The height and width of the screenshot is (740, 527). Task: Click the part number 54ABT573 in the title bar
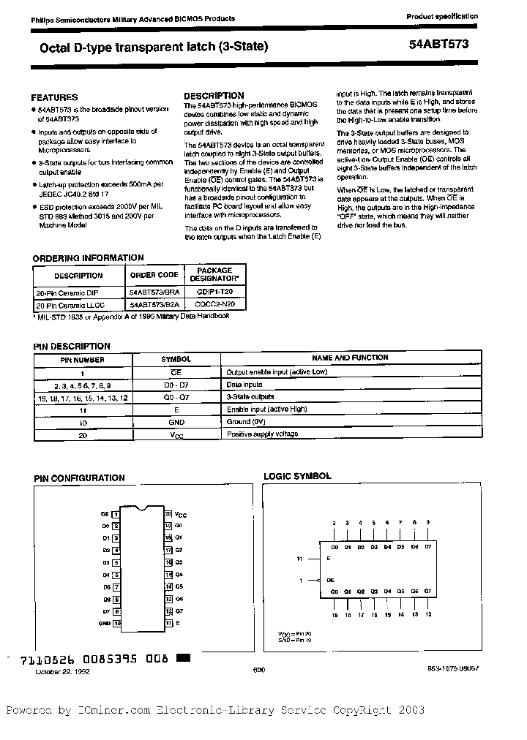pos(439,44)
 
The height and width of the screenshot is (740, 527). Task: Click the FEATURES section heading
pos(54,97)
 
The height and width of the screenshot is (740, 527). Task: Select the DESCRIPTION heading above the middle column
pos(214,96)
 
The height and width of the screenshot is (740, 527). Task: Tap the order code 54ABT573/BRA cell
pos(154,291)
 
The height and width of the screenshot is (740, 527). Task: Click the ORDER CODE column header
pos(154,276)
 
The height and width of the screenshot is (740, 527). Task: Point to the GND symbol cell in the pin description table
pos(176,423)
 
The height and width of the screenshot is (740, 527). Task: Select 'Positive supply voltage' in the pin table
pos(262,434)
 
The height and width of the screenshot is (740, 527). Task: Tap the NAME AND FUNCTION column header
pos(351,359)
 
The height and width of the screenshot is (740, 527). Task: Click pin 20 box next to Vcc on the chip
pos(168,514)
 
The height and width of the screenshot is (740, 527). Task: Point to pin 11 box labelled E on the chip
pos(168,623)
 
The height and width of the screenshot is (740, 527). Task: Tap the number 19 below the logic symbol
pos(334,615)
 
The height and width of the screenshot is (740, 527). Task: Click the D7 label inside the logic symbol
pos(428,547)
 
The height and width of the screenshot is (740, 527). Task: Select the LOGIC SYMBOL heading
pos(297,476)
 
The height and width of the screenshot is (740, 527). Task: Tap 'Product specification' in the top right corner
pos(442,16)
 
